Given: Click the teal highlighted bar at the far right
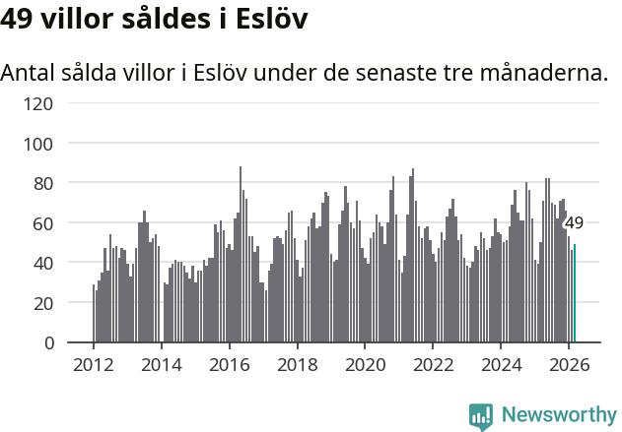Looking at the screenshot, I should coord(575,294).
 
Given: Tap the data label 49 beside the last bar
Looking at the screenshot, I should coord(574,223).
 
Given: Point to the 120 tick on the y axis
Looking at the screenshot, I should coord(41,103).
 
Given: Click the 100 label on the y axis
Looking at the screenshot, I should coord(41,144).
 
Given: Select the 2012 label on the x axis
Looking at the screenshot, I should coord(94,364).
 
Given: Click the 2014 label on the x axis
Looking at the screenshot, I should coord(162,364).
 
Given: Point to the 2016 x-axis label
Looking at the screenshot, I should coord(230,364).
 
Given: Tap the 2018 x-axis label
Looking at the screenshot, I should coord(298,364).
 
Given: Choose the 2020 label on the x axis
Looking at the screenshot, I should coord(366,364).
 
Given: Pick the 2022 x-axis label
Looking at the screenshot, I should coord(434,364).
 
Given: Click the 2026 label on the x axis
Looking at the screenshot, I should coord(569,364).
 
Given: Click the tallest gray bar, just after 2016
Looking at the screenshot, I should coord(241,256).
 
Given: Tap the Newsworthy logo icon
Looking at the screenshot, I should coord(481,416).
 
